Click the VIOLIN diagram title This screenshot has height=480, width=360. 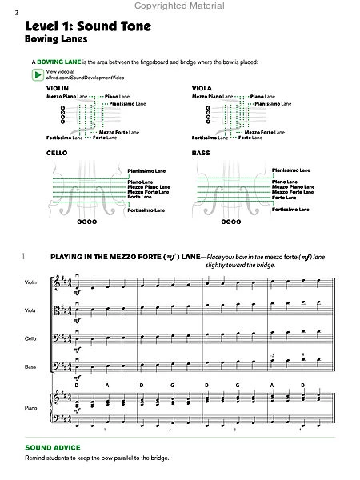pyautogui.click(x=56, y=87)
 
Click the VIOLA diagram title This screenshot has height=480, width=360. pyautogui.click(x=202, y=87)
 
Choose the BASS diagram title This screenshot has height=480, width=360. pyautogui.click(x=200, y=152)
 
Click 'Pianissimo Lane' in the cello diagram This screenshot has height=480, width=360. pyautogui.click(x=146, y=170)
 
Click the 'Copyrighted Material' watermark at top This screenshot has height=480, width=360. pyautogui.click(x=179, y=5)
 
